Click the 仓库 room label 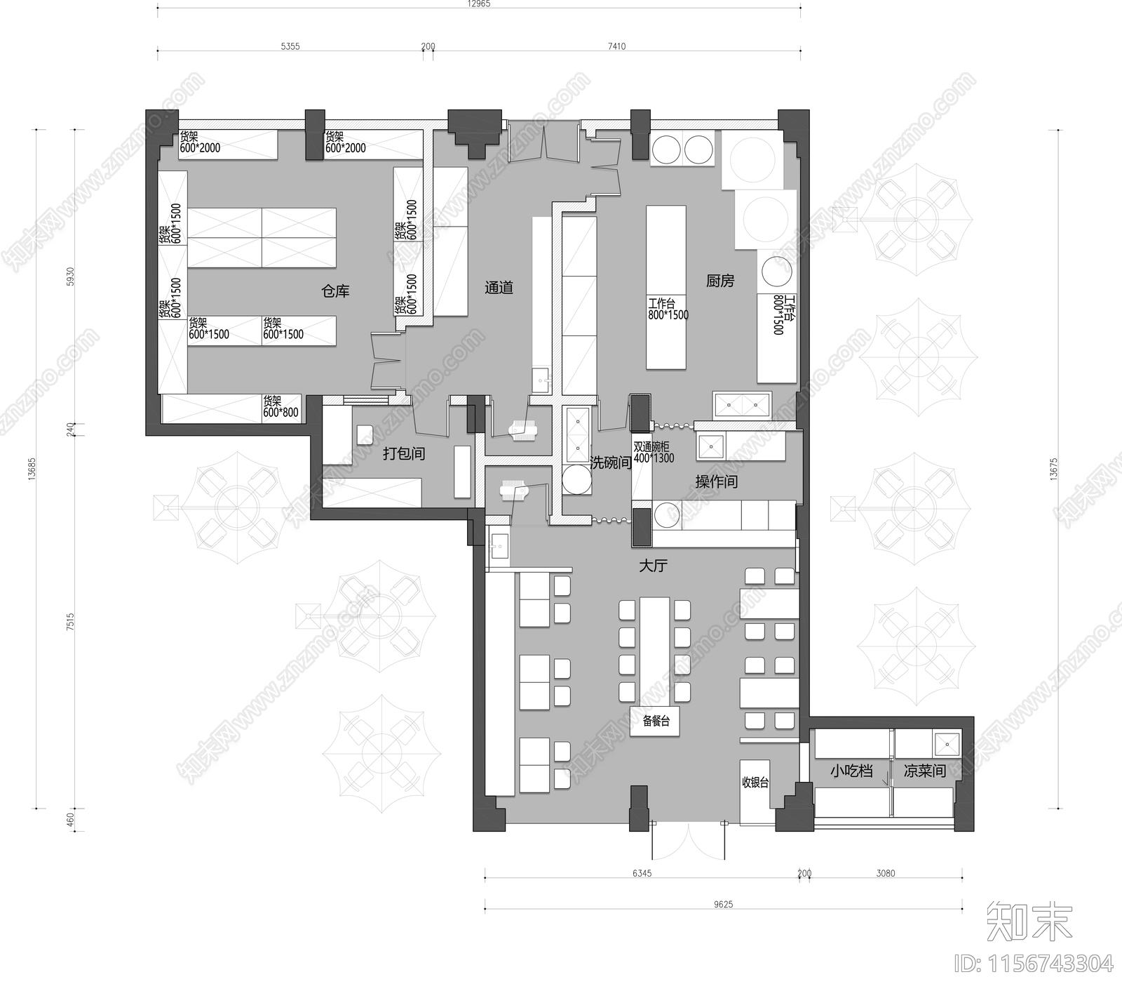335,291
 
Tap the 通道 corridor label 499,288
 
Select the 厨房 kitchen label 719,281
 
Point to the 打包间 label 404,453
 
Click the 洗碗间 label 611,463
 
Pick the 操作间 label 716,481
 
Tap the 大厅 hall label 652,566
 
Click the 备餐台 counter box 655,721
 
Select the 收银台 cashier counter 755,783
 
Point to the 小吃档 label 851,771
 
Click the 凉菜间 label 924,771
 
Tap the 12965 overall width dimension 479,4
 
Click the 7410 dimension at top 616,46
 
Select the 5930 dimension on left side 69,277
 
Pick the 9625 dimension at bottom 723,905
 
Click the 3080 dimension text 886,874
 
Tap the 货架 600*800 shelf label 280,407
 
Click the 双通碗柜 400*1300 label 654,453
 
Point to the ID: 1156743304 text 1033,964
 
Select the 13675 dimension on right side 1053,469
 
